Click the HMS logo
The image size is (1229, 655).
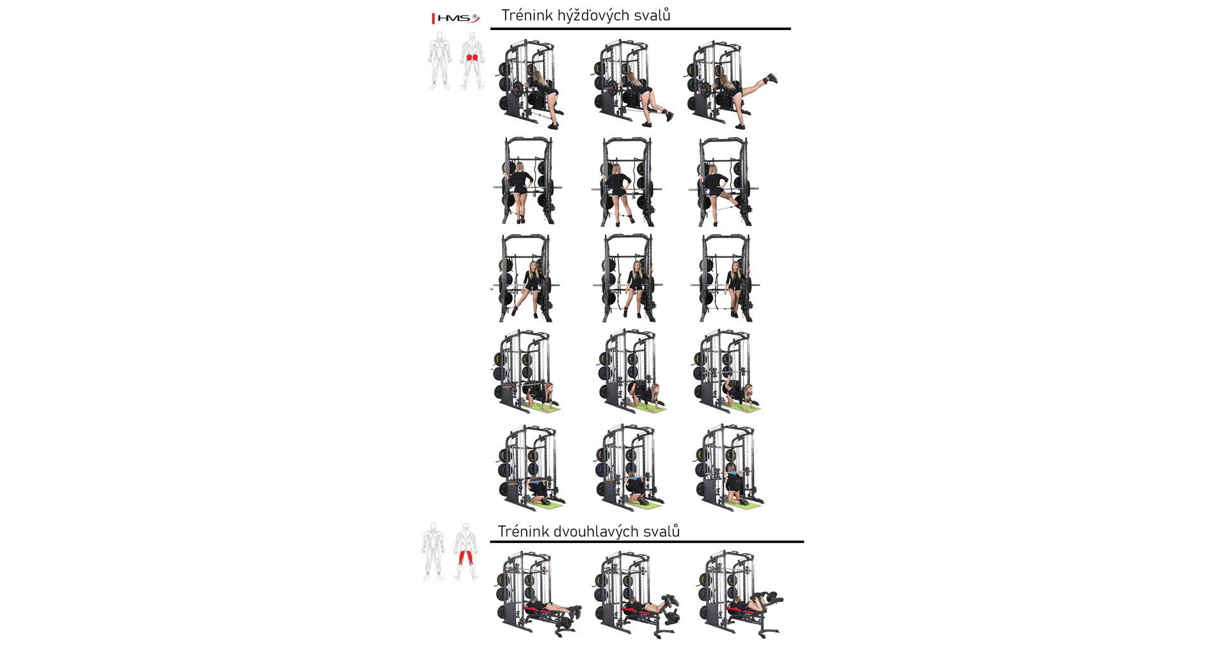456,18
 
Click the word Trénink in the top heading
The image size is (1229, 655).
527,15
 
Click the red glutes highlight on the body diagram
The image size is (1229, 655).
472,58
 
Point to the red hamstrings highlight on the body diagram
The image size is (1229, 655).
465,556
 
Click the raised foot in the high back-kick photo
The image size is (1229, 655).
771,79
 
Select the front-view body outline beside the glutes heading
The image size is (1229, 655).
440,61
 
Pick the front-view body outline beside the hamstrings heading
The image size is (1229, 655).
433,551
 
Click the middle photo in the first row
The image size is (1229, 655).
632,84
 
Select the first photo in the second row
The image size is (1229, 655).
527,180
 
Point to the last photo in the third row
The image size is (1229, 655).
725,278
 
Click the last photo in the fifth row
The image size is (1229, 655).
728,467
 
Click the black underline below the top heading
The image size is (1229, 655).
640,29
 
